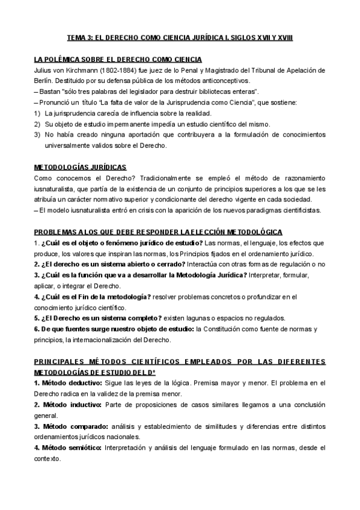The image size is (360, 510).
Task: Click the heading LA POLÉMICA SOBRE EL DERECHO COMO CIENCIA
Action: (118, 59)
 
